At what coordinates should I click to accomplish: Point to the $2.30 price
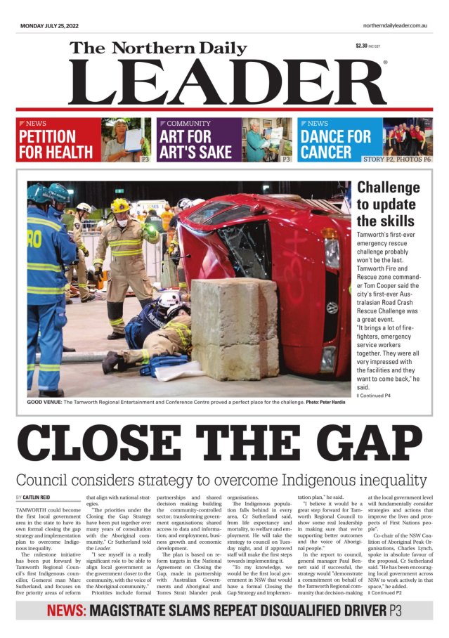[362, 46]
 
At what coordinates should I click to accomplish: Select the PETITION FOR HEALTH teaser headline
[56, 144]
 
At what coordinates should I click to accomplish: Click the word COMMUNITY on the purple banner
[189, 124]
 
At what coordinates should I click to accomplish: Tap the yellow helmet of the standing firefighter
[120, 205]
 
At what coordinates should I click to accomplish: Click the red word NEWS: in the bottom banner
[67, 611]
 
